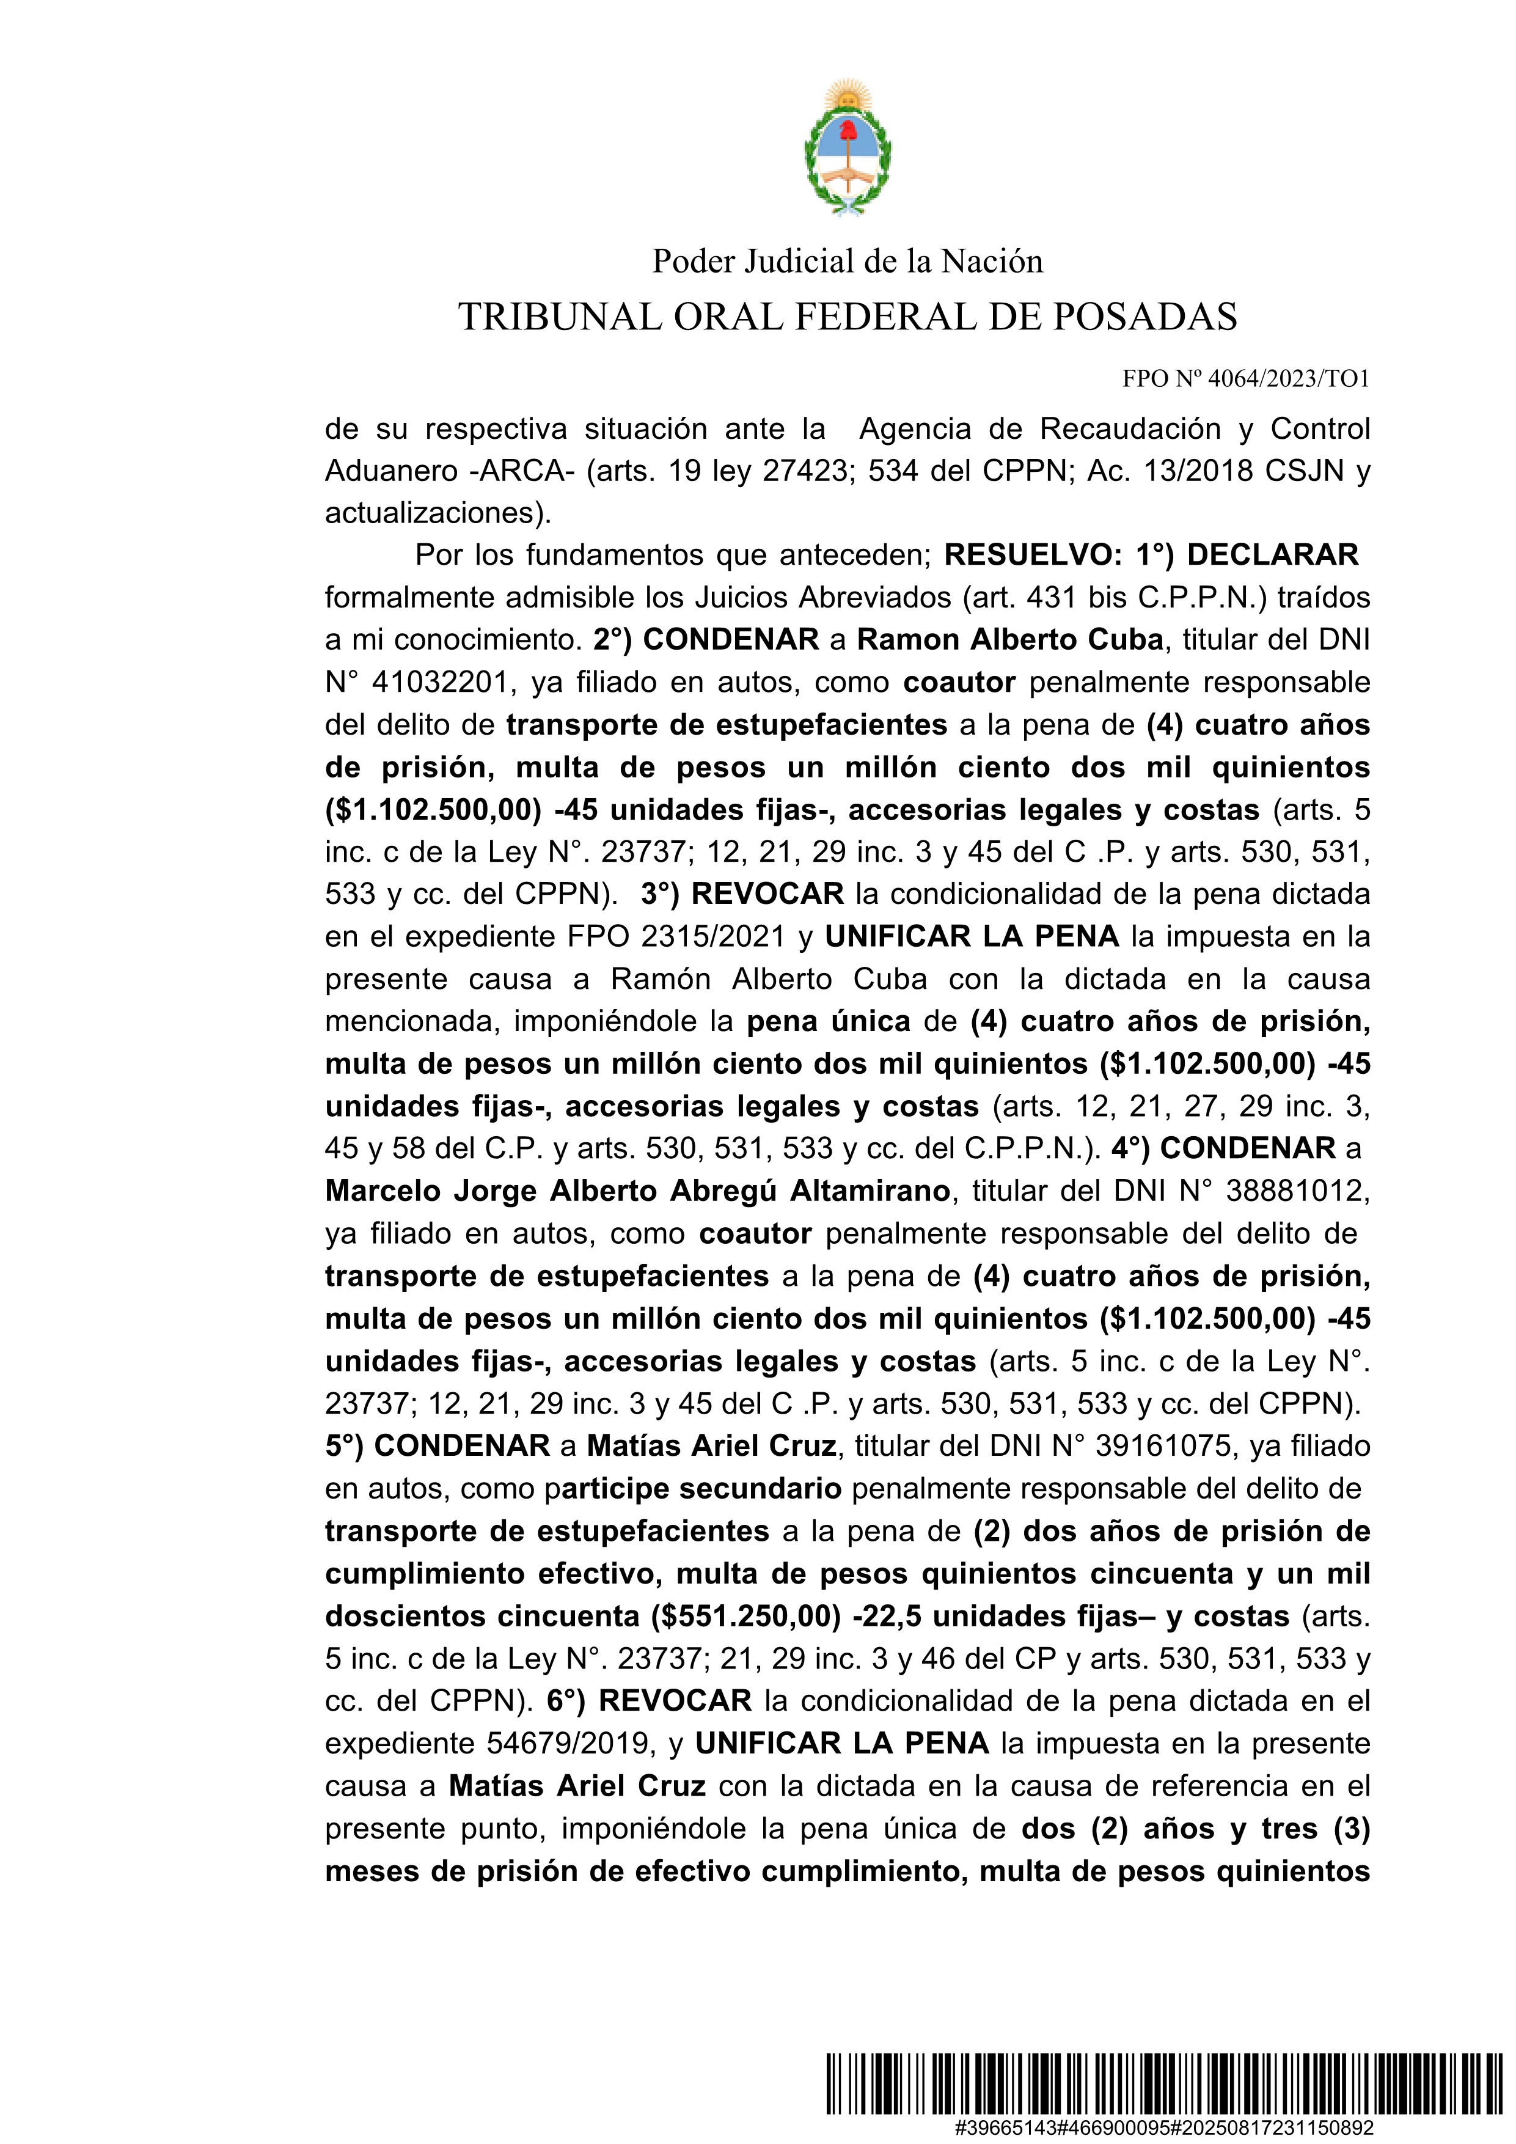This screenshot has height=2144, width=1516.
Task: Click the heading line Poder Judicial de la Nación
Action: [x=847, y=262]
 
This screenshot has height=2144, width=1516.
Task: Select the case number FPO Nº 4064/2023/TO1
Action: [x=1245, y=378]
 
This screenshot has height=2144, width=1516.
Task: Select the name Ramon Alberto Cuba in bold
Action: [x=1010, y=640]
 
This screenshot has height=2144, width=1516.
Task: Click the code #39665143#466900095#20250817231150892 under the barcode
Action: [x=1163, y=2127]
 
